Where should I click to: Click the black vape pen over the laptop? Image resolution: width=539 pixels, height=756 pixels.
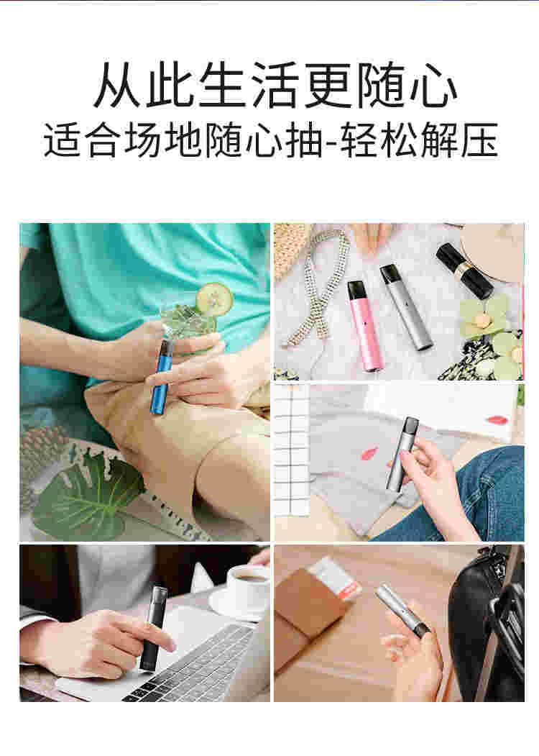[x=153, y=626]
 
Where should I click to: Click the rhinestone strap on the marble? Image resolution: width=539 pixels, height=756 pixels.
[x=316, y=288]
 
